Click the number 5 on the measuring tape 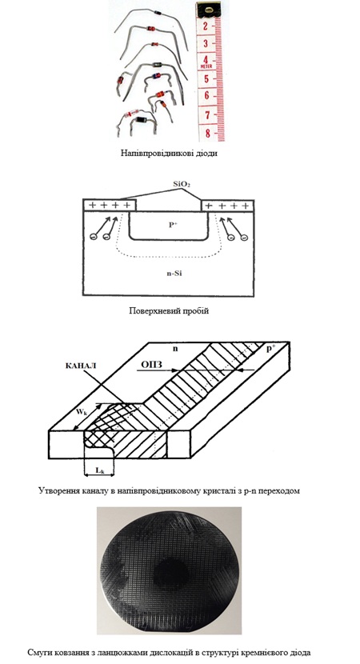pyautogui.click(x=206, y=78)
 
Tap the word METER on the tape pyautogui.click(x=206, y=67)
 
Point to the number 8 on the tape pyautogui.click(x=207, y=133)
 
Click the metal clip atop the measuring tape pyautogui.click(x=209, y=9)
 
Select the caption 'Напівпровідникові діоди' pyautogui.click(x=169, y=154)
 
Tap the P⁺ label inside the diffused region pyautogui.click(x=173, y=226)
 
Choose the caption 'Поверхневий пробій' pyautogui.click(x=169, y=311)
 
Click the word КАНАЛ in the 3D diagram pyautogui.click(x=81, y=366)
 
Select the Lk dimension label pyautogui.click(x=100, y=470)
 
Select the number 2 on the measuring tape pyautogui.click(x=206, y=26)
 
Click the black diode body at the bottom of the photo pyautogui.click(x=140, y=120)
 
